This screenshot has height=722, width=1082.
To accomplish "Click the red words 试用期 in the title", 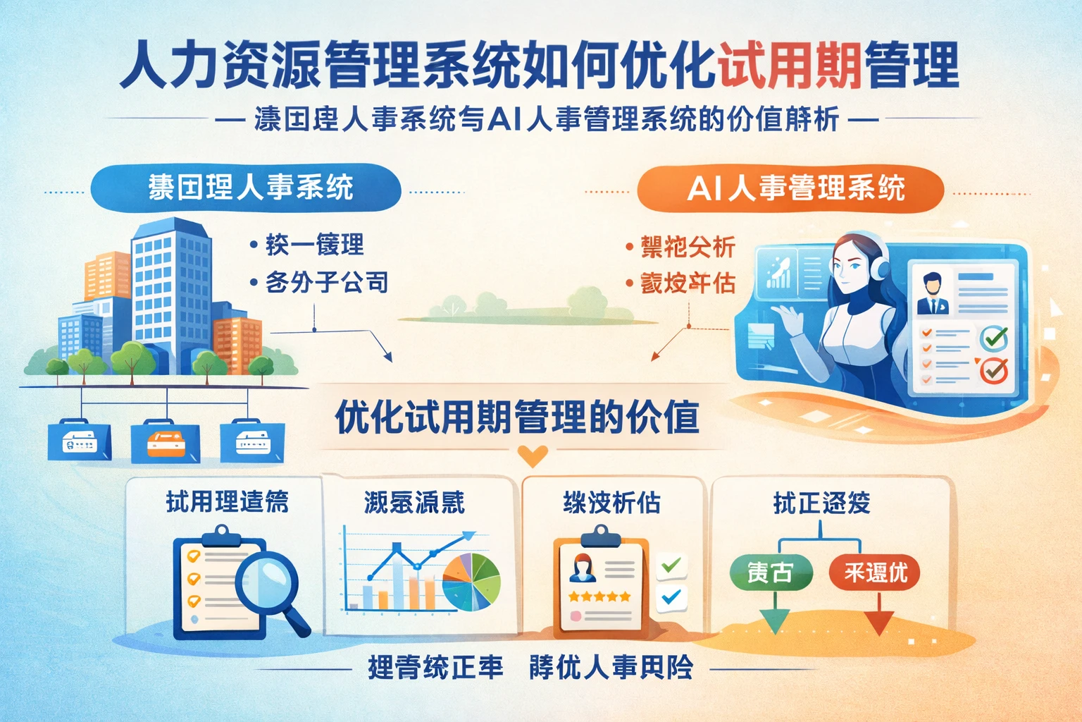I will pyautogui.click(x=789, y=65).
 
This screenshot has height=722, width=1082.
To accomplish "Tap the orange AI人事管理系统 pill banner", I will pyautogui.click(x=790, y=188).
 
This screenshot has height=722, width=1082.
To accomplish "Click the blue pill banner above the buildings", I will pyautogui.click(x=247, y=188).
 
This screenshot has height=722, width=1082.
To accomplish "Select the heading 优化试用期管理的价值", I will pyautogui.click(x=517, y=417).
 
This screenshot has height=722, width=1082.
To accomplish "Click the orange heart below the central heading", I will pyautogui.click(x=533, y=456).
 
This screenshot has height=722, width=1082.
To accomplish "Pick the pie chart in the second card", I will pyautogui.click(x=471, y=582).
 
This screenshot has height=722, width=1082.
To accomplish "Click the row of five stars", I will pyautogui.click(x=599, y=596).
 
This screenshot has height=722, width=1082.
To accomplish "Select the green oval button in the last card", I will pyautogui.click(x=770, y=572).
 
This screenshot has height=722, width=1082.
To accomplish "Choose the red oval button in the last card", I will pyautogui.click(x=875, y=572).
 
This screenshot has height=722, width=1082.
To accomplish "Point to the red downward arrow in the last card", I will pyautogui.click(x=878, y=620).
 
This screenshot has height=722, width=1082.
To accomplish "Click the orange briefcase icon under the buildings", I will pyautogui.click(x=166, y=442).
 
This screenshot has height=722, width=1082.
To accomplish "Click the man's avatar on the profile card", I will pyautogui.click(x=933, y=294).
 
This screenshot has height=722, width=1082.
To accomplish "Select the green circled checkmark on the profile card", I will pyautogui.click(x=994, y=339).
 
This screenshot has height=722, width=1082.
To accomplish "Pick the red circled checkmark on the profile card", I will pyautogui.click(x=994, y=369).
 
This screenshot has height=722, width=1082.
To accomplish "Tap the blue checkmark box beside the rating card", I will pyautogui.click(x=671, y=597).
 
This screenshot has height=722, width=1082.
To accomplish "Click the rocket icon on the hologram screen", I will pyautogui.click(x=778, y=271).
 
